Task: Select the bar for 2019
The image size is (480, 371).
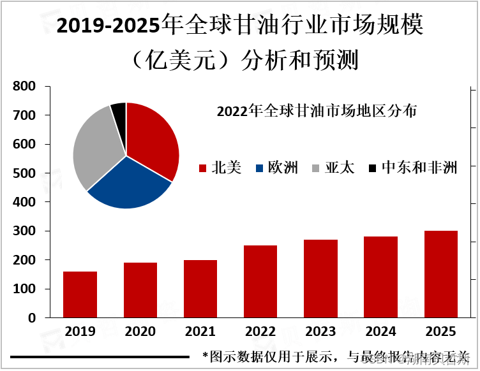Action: pos(80,295)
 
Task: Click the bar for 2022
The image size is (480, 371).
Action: pos(260,281)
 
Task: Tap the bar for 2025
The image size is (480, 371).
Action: pos(441,274)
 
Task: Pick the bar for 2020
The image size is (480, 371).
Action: pos(140,290)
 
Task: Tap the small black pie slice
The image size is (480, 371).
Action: pos(119,112)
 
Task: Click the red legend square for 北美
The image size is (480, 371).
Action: pos(203,168)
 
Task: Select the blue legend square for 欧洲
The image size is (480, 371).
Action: pos(260,168)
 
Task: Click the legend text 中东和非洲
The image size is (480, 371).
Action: pos(419,168)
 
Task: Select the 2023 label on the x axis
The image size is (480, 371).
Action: pos(320,331)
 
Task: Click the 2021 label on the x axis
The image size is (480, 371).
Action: pos(200,331)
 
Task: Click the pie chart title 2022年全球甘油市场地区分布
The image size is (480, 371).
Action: pos(317,111)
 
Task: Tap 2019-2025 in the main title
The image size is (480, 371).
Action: pos(109,27)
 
